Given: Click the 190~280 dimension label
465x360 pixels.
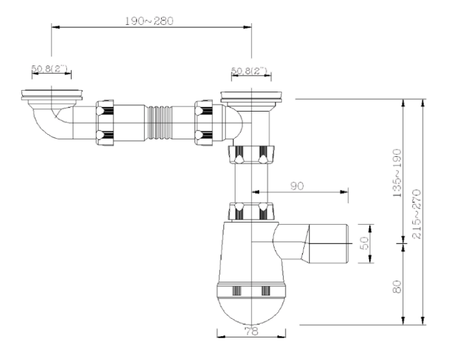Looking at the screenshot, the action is [x=149, y=21].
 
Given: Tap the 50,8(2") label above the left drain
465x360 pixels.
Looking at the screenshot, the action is [x=49, y=69].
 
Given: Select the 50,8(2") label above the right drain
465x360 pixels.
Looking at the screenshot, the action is [x=249, y=71].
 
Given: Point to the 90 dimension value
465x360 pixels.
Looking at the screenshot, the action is [x=297, y=186].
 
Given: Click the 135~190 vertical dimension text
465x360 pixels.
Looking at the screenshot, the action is [x=397, y=173].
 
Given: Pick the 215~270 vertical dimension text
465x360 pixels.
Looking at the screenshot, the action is [x=417, y=214].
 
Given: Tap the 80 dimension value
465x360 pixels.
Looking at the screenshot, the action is [x=397, y=286].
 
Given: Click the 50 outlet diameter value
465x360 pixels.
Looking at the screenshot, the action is [x=366, y=243].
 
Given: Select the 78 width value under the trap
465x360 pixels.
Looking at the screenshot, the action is [x=252, y=332].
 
